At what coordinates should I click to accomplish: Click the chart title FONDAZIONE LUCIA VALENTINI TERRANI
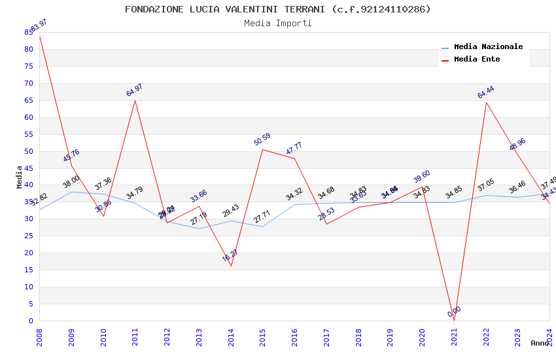coord(278,9)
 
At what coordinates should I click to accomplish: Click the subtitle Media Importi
coord(278,23)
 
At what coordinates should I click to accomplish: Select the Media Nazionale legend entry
coord(488,47)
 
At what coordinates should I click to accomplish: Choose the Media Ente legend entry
coord(477,60)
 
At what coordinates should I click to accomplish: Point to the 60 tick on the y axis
coord(29,117)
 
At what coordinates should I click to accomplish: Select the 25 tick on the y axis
coord(29,236)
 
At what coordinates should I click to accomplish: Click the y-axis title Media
coord(20,177)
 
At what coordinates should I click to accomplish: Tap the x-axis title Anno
coord(540,343)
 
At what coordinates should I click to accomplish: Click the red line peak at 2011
coord(135,100)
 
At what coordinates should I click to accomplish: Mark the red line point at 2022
coord(486,102)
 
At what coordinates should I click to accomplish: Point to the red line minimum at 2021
coord(454,321)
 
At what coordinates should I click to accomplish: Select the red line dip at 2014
coord(231,266)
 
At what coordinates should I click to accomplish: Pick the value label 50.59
coord(262,139)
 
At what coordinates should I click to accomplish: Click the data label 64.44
coord(485,92)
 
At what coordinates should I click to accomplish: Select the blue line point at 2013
coord(199,228)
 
